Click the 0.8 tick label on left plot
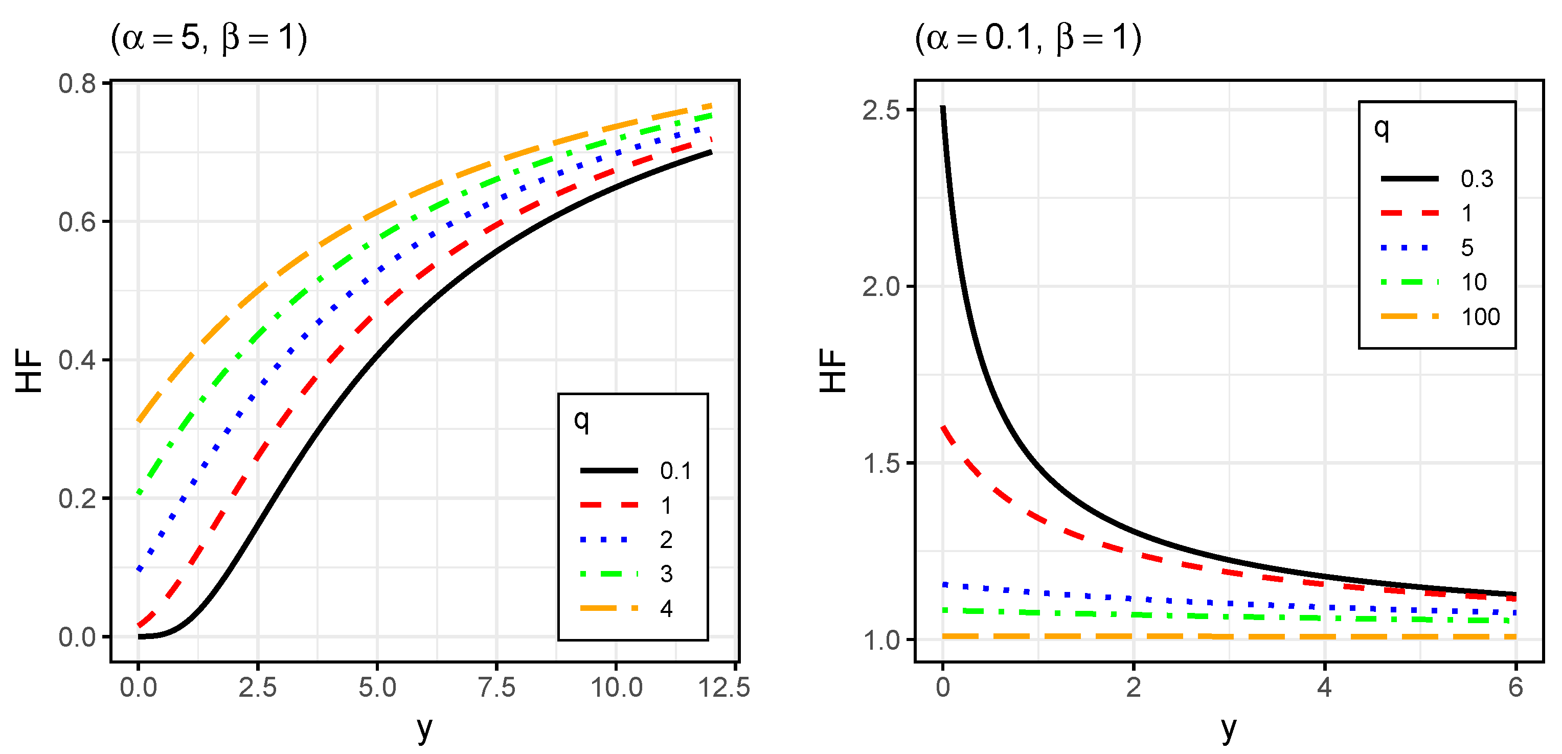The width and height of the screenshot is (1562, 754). point(77,84)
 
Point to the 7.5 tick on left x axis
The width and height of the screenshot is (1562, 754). point(496,688)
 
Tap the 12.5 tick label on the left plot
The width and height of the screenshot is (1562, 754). point(724,688)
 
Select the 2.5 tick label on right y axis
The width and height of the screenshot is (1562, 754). point(880,111)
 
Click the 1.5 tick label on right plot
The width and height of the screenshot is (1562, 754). point(880,464)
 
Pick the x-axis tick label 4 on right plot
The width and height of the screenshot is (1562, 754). point(1324,688)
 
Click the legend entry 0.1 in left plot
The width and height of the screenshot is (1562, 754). point(675,471)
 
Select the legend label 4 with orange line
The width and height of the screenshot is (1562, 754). point(666,608)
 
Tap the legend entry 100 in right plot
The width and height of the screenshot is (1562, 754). point(1480,317)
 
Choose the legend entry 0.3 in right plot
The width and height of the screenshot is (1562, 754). point(1476,179)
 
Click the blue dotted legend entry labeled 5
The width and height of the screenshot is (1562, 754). point(1466,248)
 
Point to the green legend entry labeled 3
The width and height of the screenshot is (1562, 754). point(666,574)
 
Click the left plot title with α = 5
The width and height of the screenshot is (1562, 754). point(209,38)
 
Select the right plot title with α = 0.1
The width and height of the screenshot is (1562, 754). point(1028,38)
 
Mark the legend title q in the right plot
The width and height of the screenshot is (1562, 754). point(1380,128)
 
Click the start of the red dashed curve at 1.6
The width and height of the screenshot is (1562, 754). point(943,428)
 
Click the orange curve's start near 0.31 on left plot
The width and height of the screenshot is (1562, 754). point(140,420)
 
